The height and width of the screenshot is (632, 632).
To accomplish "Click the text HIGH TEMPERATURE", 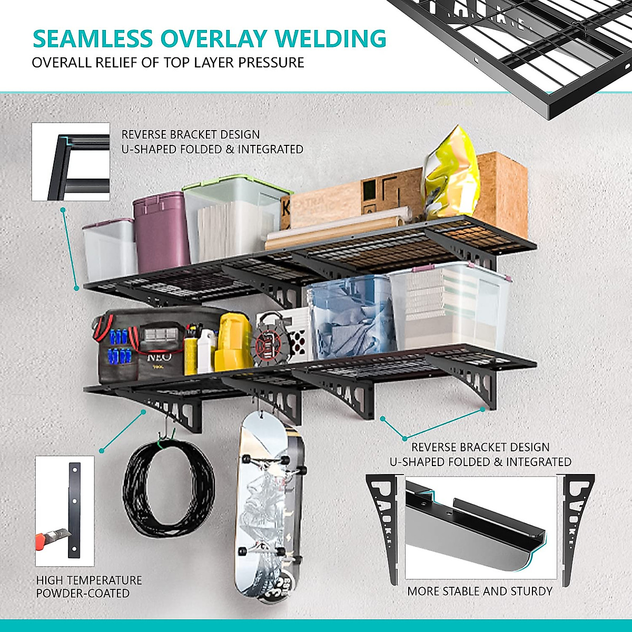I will [89, 580].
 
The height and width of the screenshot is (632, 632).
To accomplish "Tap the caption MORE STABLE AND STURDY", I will [480, 591].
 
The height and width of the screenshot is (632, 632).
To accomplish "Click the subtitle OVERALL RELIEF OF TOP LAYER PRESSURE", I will [168, 63].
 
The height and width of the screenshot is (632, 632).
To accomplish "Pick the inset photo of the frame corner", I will [71, 162].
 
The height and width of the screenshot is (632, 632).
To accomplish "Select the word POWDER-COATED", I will [83, 594].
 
